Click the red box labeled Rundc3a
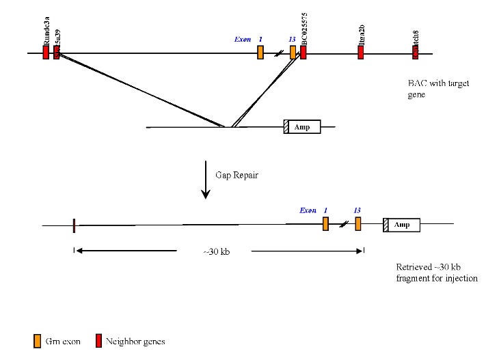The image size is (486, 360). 46,53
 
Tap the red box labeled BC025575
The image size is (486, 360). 303,53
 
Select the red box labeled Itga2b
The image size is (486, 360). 360,53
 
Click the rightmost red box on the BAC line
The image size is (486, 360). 415,53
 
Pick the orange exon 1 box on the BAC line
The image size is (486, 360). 260,53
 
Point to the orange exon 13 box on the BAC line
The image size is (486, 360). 293,53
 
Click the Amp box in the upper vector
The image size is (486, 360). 303,127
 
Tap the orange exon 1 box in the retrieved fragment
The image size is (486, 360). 326,224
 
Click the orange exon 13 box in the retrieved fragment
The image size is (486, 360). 357,224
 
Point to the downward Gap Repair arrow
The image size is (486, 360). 205,180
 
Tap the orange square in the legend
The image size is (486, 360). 38,341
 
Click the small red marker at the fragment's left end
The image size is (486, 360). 73,225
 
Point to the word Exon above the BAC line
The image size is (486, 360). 243,39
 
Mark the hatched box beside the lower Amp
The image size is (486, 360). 386,225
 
